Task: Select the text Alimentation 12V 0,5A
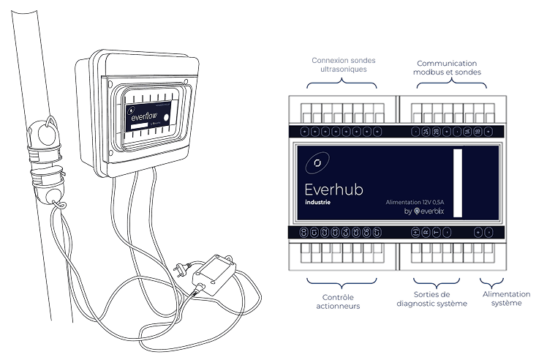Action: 415,201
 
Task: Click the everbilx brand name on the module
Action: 432,212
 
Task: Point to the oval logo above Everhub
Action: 317,162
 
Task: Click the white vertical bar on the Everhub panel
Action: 459,182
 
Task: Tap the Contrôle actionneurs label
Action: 341,301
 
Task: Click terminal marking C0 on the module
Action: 304,233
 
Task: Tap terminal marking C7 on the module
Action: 376,233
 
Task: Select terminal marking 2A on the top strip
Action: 426,132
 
